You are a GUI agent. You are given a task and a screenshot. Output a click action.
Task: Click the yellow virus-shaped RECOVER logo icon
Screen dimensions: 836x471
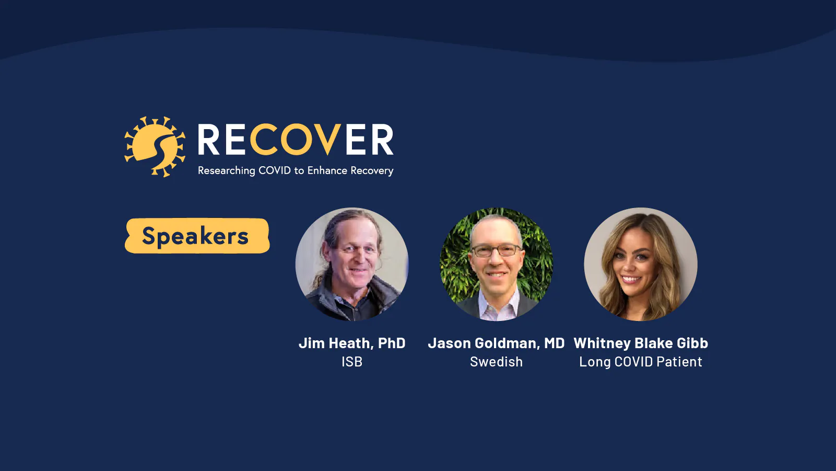[x=155, y=147]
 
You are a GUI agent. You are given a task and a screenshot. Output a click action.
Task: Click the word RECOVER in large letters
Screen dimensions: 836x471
[x=295, y=140]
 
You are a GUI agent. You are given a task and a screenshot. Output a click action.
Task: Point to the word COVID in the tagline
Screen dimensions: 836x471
[x=274, y=170]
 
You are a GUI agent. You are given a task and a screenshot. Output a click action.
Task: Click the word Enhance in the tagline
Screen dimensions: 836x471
[x=327, y=170]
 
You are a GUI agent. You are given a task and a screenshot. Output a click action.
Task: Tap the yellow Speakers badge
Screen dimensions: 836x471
[x=197, y=236]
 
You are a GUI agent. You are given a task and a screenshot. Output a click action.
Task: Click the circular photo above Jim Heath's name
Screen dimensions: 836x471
[x=352, y=264]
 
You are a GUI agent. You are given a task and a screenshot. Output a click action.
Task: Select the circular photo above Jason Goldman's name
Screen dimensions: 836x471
[x=497, y=264]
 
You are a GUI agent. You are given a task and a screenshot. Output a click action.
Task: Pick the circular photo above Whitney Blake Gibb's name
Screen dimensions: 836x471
[x=640, y=264]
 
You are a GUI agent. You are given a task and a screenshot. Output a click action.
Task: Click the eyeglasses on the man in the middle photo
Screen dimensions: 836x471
[x=496, y=250]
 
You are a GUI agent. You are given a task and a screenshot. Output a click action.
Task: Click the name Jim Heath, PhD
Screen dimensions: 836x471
[x=352, y=343]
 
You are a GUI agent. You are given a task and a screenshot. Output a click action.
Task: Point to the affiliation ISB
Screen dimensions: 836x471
[x=352, y=362]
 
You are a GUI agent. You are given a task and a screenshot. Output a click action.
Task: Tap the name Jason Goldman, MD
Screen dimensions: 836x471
[x=497, y=343]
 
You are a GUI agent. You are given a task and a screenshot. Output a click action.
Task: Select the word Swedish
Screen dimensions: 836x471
[x=497, y=362]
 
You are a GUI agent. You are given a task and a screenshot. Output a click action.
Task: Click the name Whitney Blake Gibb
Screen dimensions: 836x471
[x=641, y=343]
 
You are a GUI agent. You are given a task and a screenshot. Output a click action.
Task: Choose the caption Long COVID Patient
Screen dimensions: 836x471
[x=641, y=362]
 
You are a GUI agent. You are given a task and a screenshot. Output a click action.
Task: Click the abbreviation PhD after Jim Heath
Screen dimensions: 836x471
[x=392, y=343]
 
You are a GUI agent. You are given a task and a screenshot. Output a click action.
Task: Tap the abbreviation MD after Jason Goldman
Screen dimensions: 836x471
[x=554, y=343]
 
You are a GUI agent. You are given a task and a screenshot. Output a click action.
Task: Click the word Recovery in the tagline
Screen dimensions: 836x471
[x=372, y=171]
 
